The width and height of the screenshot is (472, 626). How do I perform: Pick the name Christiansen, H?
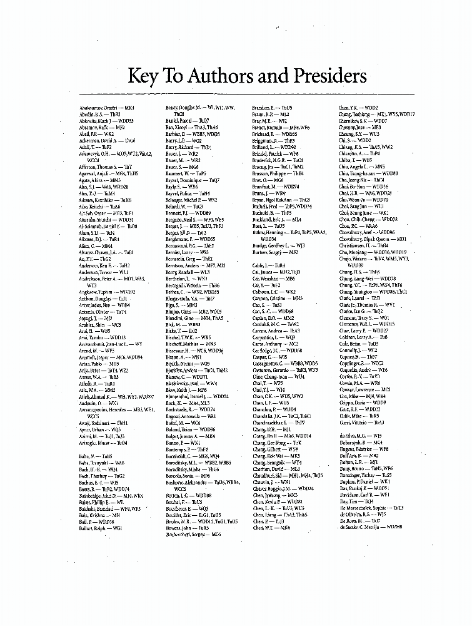tap(363, 246)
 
